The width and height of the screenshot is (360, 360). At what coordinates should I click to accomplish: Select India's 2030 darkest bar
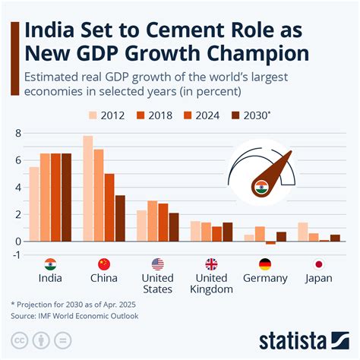click(x=66, y=197)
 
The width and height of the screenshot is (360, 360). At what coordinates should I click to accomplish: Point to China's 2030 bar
click(x=120, y=218)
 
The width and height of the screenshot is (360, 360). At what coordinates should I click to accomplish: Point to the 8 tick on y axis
click(x=18, y=134)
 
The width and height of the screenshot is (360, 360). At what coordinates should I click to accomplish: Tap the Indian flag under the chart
click(x=50, y=264)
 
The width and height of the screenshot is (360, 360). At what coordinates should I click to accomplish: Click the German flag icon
click(x=265, y=264)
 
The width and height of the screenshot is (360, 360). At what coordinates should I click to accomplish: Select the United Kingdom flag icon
click(x=211, y=264)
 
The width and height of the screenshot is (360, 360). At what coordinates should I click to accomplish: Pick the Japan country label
click(x=319, y=278)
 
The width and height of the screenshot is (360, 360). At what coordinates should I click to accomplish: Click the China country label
click(x=104, y=278)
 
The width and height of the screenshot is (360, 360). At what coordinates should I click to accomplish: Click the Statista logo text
click(x=302, y=339)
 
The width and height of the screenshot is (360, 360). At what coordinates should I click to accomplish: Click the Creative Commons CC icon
click(x=19, y=339)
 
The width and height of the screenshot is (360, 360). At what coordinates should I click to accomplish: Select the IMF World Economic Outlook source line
click(x=77, y=314)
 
